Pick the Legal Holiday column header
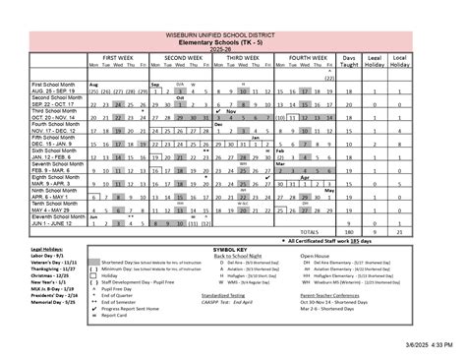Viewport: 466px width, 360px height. coord(374,61)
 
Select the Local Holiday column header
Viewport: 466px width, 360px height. coord(401,61)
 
